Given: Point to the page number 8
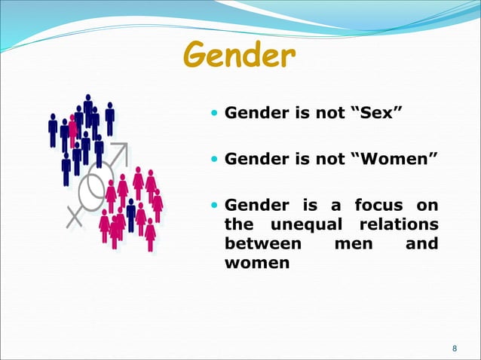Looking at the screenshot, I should point(454,348).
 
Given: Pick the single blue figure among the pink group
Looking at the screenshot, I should point(130,215).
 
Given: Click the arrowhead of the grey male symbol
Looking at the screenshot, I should point(124,150).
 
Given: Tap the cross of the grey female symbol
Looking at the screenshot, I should point(75,216).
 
